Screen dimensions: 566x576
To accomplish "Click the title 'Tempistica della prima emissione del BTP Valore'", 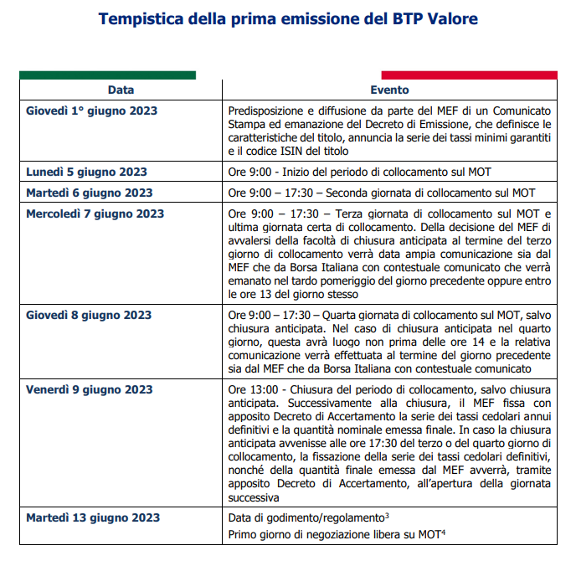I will pos(289,18).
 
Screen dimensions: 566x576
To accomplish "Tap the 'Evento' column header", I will pos(389,90).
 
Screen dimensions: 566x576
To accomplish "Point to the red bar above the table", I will pos(469,75).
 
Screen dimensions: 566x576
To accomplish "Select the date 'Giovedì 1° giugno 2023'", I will pos(91,111).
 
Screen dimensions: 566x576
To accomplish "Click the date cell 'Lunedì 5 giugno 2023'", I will pos(86,172).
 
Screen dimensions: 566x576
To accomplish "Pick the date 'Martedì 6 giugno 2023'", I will pos(89,192).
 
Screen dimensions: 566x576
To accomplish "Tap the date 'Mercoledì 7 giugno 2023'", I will pos(95,214).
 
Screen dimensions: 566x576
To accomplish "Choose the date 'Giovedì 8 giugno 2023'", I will pos(89,315).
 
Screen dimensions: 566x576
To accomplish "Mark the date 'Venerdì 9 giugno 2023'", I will pos(89,389).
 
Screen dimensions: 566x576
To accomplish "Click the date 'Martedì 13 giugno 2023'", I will pos(92,517).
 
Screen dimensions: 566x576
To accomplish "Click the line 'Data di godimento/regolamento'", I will pos(305,517).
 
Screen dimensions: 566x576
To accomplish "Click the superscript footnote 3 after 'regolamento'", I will pos(385,514).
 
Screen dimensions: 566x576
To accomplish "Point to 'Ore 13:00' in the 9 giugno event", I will pos(249,389).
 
